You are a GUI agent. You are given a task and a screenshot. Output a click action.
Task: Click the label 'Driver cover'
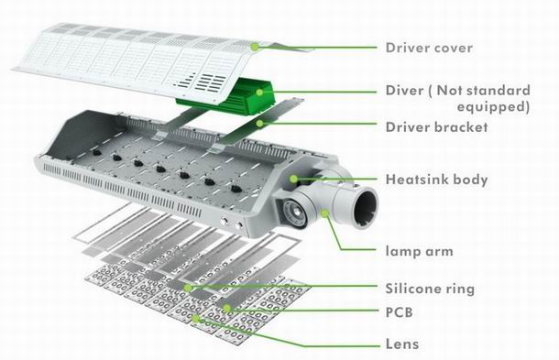click(x=429, y=48)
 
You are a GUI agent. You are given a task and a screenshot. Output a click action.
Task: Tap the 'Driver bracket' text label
click(x=436, y=127)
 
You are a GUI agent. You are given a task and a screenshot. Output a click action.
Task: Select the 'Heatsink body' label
click(x=436, y=180)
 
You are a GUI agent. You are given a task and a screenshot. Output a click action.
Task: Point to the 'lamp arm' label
click(x=420, y=251)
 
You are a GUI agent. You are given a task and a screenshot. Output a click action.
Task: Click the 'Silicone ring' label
click(x=430, y=289)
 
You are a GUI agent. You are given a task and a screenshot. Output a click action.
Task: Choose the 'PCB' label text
click(x=400, y=312)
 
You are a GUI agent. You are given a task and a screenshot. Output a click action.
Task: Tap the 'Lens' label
click(x=402, y=344)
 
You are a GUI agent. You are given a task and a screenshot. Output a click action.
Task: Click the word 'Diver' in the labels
click(x=404, y=90)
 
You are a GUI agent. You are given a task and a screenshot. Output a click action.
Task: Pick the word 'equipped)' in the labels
click(x=493, y=107)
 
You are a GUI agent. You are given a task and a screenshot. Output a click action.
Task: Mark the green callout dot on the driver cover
click(x=255, y=47)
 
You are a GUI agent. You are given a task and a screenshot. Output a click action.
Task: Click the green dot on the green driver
click(x=259, y=93)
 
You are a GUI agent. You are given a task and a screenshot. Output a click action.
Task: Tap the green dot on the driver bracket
click(x=260, y=124)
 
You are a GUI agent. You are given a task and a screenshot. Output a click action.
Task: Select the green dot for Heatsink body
click(x=293, y=179)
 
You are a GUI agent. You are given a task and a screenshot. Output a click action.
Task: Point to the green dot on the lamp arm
click(x=324, y=213)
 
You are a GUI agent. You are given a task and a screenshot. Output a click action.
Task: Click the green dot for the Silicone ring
click(x=188, y=288)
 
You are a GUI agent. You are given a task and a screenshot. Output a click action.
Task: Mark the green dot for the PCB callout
click(x=226, y=308)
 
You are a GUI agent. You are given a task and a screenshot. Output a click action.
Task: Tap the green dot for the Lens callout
click(x=195, y=318)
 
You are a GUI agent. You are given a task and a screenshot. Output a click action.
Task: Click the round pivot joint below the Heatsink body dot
click(x=295, y=213)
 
